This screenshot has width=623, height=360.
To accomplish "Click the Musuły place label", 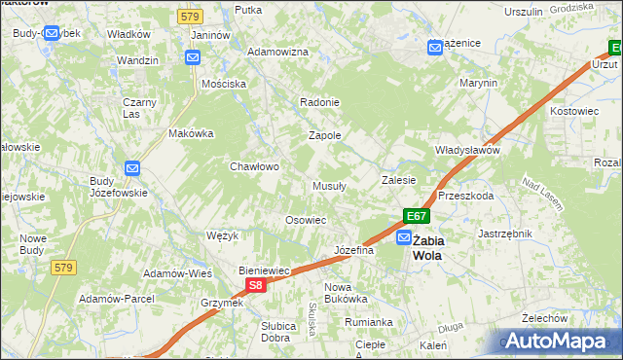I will tap(331, 186).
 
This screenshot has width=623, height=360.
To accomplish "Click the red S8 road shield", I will tap(254, 285).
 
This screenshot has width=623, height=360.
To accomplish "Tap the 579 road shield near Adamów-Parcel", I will tap(64, 268).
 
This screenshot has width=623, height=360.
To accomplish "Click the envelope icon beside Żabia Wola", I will tap(403, 237).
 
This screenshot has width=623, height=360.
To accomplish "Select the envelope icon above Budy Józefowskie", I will tap(133, 168).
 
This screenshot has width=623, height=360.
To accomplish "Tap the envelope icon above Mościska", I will tap(193, 57).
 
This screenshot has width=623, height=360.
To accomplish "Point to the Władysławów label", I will tap(466, 151).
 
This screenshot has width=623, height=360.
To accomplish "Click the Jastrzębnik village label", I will tap(505, 234).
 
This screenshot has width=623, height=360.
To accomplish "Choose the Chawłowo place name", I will tap(254, 166).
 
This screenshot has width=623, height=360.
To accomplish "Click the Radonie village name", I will tap(319, 102).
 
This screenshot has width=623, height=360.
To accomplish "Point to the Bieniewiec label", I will tap(267, 270).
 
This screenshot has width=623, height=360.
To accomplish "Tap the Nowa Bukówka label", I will tap(346, 293).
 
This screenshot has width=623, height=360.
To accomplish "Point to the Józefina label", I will tap(354, 250).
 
